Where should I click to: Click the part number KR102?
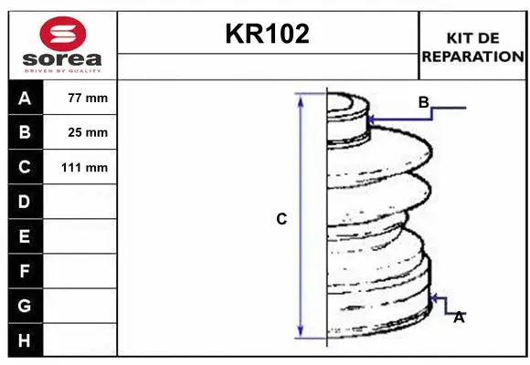(x=268, y=35)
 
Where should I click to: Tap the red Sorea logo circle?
(x=61, y=34)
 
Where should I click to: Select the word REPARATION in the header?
(x=472, y=56)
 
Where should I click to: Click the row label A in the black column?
(x=24, y=98)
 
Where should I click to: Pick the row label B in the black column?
(x=24, y=132)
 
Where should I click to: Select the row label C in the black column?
(x=24, y=167)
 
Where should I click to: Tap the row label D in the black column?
(x=24, y=202)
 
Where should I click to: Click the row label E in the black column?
(x=24, y=236)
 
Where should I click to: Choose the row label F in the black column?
(x=24, y=271)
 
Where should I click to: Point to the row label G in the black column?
(x=24, y=306)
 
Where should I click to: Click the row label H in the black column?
(x=24, y=340)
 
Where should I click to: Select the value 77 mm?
(x=88, y=98)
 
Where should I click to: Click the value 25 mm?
(x=88, y=132)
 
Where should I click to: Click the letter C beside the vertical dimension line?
(x=281, y=219)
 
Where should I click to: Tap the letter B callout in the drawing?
(x=423, y=102)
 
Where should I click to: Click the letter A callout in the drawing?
(x=459, y=318)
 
